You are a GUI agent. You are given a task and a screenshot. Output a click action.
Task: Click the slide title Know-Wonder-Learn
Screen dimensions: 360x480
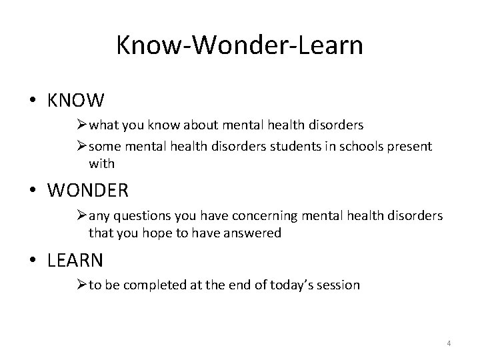(239, 45)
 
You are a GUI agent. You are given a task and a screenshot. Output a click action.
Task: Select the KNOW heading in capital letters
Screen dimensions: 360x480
(76, 101)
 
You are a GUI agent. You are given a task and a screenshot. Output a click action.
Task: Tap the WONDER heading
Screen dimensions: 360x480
(89, 190)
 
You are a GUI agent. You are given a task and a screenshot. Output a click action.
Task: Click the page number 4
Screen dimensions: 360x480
(449, 343)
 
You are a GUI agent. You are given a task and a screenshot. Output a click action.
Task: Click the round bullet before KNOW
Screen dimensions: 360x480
(33, 101)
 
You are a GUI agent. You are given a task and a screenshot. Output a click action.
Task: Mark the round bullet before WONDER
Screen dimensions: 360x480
(33, 191)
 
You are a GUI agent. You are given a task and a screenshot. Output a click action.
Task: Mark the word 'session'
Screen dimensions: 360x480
(339, 285)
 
